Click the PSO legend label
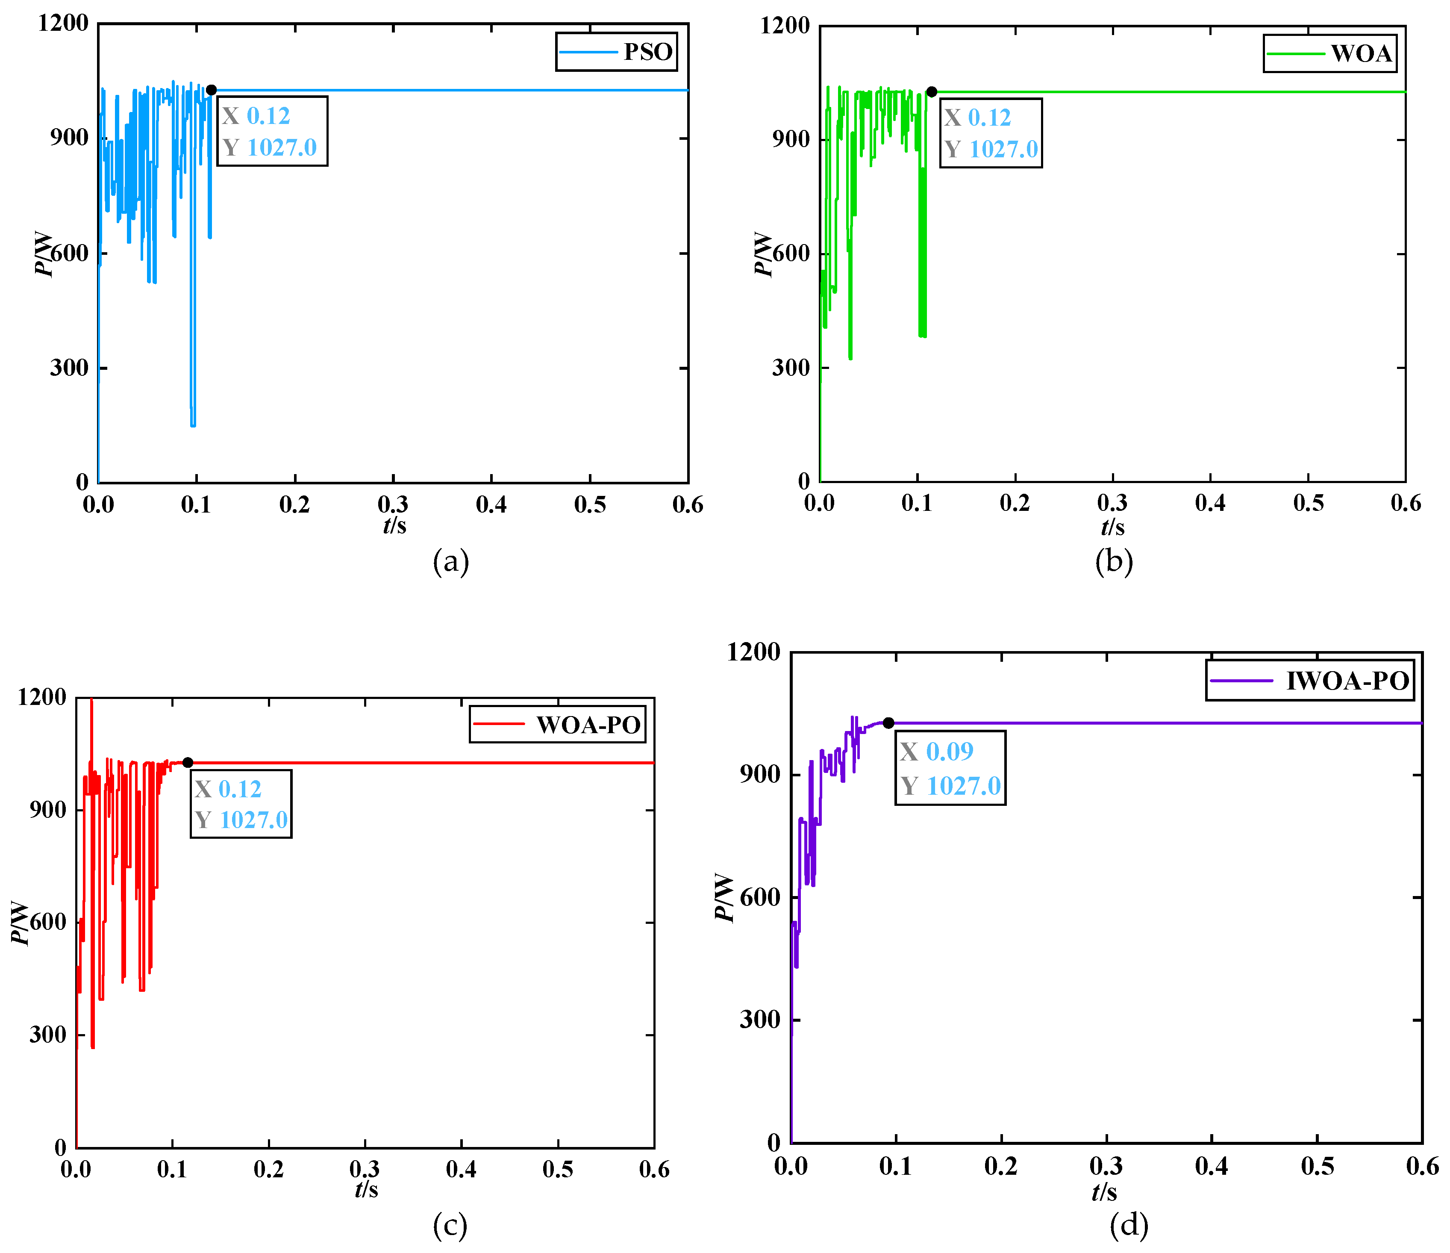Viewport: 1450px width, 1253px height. click(647, 52)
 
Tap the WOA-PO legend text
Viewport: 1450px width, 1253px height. click(588, 725)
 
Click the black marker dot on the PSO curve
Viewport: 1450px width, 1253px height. click(212, 90)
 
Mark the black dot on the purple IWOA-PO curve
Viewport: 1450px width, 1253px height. click(888, 723)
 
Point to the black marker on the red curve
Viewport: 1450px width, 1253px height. click(188, 762)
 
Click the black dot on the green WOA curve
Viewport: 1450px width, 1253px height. click(932, 92)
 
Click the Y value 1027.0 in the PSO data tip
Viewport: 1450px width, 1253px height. click(281, 147)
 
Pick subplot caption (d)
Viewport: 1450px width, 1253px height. click(1129, 1225)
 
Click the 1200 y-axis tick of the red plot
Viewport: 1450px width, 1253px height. click(42, 697)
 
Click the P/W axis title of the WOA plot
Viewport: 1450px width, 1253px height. click(763, 254)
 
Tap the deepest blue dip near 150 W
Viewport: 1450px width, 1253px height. click(193, 424)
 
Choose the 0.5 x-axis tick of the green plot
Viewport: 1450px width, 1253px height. click(1308, 503)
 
